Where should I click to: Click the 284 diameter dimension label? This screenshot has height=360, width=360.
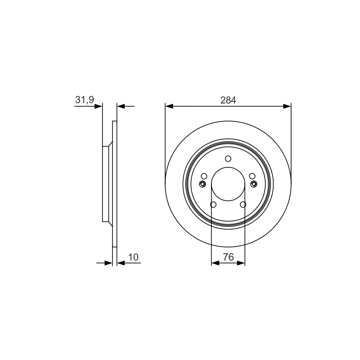(x=228, y=100)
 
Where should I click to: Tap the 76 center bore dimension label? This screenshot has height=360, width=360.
(x=228, y=257)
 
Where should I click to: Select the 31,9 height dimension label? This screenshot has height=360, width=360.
(x=85, y=99)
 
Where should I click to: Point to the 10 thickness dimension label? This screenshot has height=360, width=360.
(x=133, y=257)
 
